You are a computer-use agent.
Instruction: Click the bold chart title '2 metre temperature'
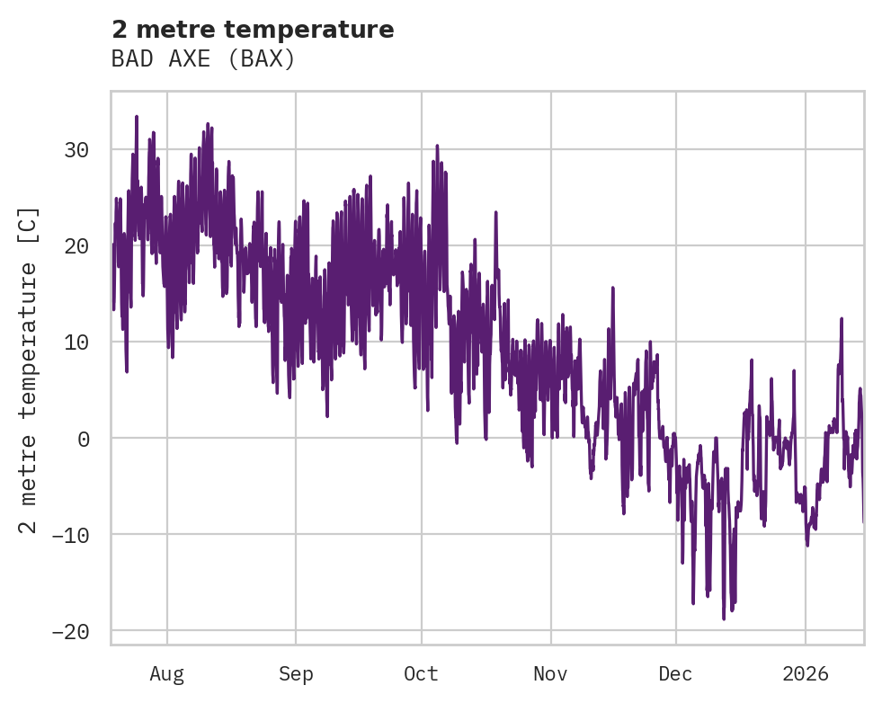[253, 30]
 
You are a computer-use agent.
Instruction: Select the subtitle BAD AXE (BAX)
[203, 59]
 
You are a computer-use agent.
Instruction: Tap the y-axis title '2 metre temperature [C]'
[30, 369]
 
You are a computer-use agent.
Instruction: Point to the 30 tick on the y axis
[76, 149]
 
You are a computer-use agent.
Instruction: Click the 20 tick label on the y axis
[76, 245]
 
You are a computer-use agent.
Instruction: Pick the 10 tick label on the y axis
[76, 342]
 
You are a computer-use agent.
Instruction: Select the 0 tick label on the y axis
[85, 438]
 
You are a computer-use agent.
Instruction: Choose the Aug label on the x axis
[167, 673]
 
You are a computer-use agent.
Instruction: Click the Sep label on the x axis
[295, 673]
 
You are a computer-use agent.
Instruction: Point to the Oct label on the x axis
[421, 673]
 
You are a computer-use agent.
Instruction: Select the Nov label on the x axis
[551, 673]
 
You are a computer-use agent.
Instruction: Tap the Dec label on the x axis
[676, 673]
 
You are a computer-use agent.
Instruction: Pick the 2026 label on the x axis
[806, 673]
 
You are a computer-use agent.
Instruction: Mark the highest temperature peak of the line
[137, 116]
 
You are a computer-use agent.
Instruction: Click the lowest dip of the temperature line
[724, 618]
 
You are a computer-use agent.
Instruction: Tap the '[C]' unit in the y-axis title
[30, 225]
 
